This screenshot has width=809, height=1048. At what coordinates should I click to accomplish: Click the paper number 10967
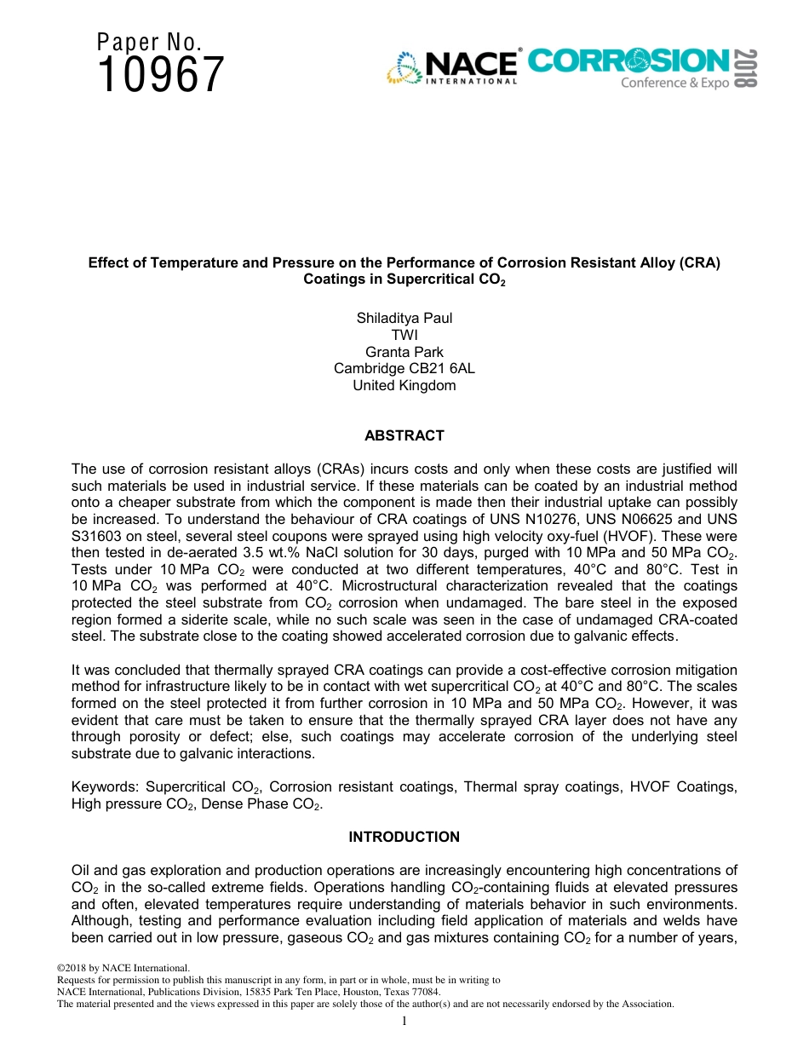click(x=161, y=75)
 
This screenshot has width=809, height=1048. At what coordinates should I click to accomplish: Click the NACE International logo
click(x=453, y=67)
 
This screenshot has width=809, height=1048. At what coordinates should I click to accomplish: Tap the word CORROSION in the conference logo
click(x=628, y=61)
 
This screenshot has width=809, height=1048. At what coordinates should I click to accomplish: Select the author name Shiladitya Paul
click(x=404, y=318)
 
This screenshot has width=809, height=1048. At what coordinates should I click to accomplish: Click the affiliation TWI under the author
click(x=404, y=335)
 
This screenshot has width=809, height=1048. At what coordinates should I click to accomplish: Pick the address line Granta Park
click(x=404, y=352)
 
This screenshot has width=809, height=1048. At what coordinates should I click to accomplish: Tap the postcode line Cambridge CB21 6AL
click(x=404, y=368)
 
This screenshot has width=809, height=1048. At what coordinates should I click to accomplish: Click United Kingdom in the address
click(x=404, y=385)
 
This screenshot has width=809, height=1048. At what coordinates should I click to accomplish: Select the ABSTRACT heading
click(x=404, y=435)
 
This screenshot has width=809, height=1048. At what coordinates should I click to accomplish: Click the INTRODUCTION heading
click(x=404, y=837)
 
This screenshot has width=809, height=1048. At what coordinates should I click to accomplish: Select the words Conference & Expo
click(x=674, y=83)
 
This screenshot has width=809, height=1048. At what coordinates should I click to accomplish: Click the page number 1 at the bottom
click(x=404, y=1020)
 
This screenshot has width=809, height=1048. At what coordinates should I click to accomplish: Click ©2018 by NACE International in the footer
click(x=123, y=968)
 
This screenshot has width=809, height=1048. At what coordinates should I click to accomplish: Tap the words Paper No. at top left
click(x=149, y=42)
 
